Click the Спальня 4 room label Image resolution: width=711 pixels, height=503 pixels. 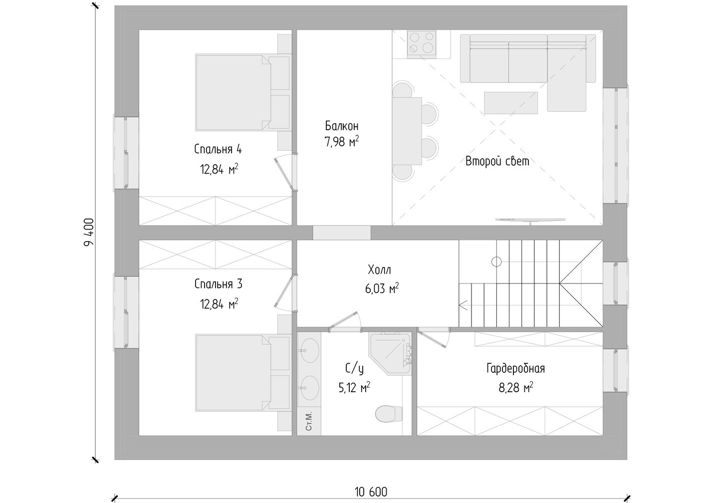[218, 149]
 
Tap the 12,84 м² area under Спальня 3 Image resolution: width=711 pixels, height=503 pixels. [219, 304]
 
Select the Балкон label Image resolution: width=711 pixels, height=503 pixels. [342, 126]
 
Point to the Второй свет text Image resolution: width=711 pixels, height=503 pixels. [497, 161]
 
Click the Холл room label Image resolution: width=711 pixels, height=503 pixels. [379, 270]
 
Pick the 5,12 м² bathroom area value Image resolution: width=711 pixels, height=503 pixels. [354, 388]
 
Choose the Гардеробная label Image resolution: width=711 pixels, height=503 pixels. [515, 368]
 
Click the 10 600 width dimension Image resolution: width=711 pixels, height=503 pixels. [371, 492]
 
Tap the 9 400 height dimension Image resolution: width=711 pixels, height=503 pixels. [89, 233]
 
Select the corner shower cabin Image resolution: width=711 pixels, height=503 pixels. [390, 354]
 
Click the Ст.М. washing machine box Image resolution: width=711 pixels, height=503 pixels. [309, 421]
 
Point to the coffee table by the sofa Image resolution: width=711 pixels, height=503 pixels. [511, 103]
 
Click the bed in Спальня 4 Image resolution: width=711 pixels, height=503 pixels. [243, 92]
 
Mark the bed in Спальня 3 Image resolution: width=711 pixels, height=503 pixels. [243, 373]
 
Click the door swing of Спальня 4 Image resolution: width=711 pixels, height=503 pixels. [284, 173]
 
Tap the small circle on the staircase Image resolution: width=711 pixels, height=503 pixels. [496, 262]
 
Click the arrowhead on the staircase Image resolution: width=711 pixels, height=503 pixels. [463, 305]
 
